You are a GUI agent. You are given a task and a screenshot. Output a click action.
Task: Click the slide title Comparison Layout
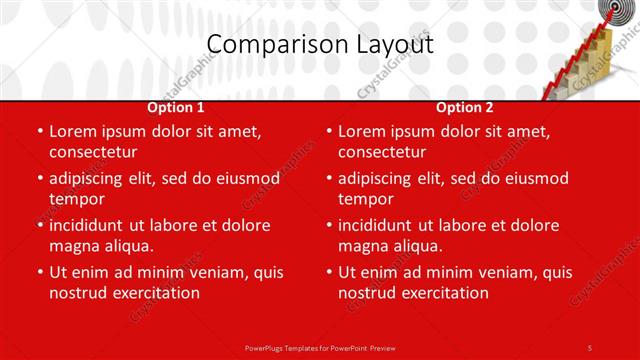point(320,45)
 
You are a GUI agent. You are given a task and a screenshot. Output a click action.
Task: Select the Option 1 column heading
point(176,107)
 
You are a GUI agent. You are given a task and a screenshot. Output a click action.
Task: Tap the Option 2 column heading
point(465,107)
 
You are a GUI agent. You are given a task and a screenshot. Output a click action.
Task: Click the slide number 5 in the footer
point(590,347)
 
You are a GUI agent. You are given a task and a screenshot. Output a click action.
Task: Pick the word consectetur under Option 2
point(382,152)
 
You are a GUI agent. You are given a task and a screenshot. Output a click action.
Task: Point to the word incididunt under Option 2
point(383,225)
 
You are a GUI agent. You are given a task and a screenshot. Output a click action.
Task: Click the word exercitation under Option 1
point(152,293)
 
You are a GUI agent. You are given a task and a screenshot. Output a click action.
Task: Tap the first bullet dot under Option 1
point(40,131)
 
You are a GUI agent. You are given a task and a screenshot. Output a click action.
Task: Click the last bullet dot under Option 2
point(329,272)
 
